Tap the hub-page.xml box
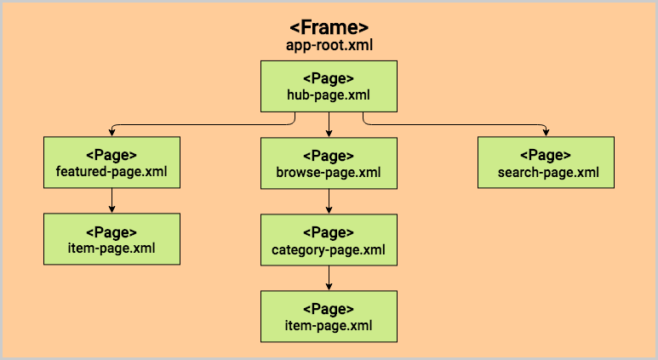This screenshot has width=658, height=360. [x=329, y=87]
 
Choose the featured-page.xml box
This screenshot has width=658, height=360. [x=112, y=163]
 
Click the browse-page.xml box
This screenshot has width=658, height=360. [x=329, y=163]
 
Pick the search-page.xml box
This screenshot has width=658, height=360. [x=546, y=163]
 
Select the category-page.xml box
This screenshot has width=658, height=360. [x=329, y=240]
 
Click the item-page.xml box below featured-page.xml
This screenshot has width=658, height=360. [x=112, y=238]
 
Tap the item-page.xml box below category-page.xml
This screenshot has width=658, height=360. [x=329, y=317]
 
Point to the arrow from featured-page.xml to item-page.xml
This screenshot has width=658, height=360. [x=112, y=201]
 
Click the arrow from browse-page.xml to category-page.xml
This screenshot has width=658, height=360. [x=329, y=201]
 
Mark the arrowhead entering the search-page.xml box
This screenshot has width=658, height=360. [x=546, y=133]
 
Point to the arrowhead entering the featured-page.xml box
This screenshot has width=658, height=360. [x=112, y=133]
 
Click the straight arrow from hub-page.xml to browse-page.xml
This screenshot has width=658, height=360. [x=329, y=124]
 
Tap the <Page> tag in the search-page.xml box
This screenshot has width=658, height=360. [x=546, y=155]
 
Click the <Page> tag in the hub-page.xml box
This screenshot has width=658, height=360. [x=329, y=78]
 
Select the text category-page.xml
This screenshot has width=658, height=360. [x=329, y=249]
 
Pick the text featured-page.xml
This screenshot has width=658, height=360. [x=112, y=172]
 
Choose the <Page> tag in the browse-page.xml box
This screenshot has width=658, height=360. [x=329, y=155]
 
